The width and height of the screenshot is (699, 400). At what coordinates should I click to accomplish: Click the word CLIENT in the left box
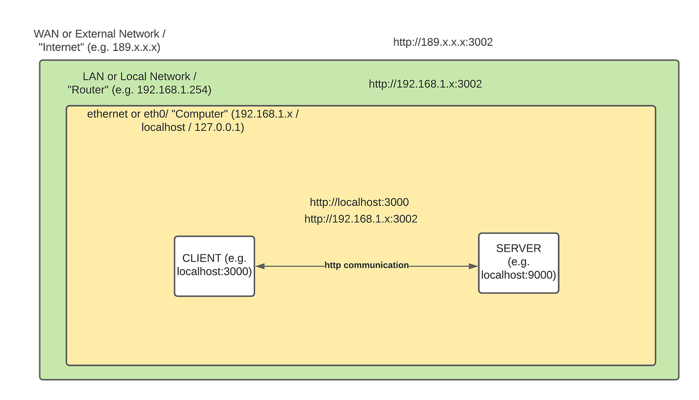(202, 258)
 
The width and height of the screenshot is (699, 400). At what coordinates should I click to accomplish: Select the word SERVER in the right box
(518, 248)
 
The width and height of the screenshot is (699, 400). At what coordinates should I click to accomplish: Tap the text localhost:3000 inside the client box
(214, 272)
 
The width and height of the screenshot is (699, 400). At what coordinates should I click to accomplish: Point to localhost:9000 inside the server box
(518, 275)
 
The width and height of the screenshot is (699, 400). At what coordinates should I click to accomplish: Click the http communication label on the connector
(366, 265)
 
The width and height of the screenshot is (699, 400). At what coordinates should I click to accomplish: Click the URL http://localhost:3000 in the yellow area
(359, 202)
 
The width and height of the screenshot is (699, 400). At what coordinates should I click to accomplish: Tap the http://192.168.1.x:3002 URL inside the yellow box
(361, 219)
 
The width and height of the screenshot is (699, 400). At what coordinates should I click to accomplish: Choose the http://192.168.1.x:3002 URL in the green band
(425, 84)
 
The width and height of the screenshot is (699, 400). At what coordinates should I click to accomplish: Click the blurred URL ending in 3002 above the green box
(443, 42)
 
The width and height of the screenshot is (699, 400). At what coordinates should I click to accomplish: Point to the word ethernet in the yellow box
(108, 114)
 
